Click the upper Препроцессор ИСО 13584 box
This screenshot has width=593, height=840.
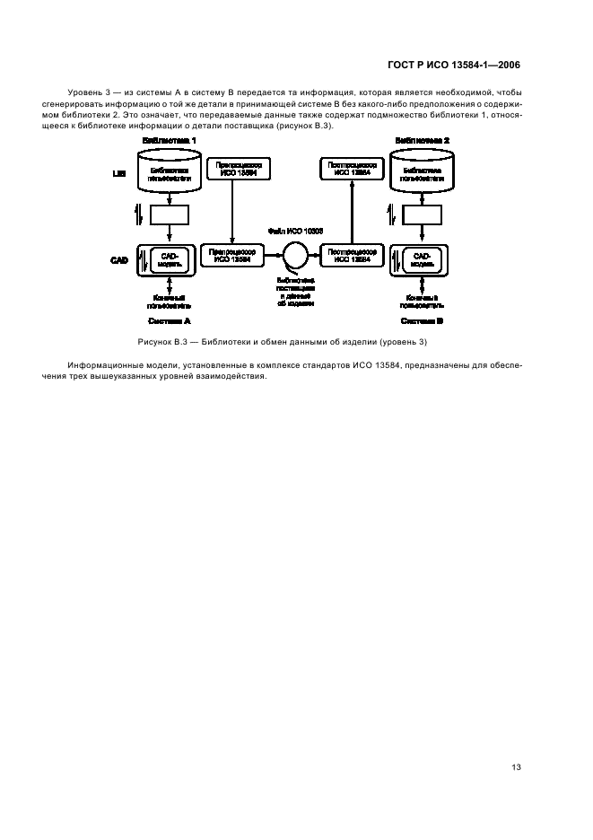(x=235, y=168)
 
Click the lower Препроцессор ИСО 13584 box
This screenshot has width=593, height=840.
(x=231, y=257)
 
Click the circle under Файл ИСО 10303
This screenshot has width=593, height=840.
(x=292, y=255)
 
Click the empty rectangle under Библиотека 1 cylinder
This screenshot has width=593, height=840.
(x=169, y=215)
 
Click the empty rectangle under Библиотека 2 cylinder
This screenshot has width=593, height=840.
(x=423, y=215)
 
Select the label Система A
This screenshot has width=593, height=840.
(x=169, y=320)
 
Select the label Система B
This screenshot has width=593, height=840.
(x=422, y=320)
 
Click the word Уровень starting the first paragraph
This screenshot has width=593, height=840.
(x=85, y=93)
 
